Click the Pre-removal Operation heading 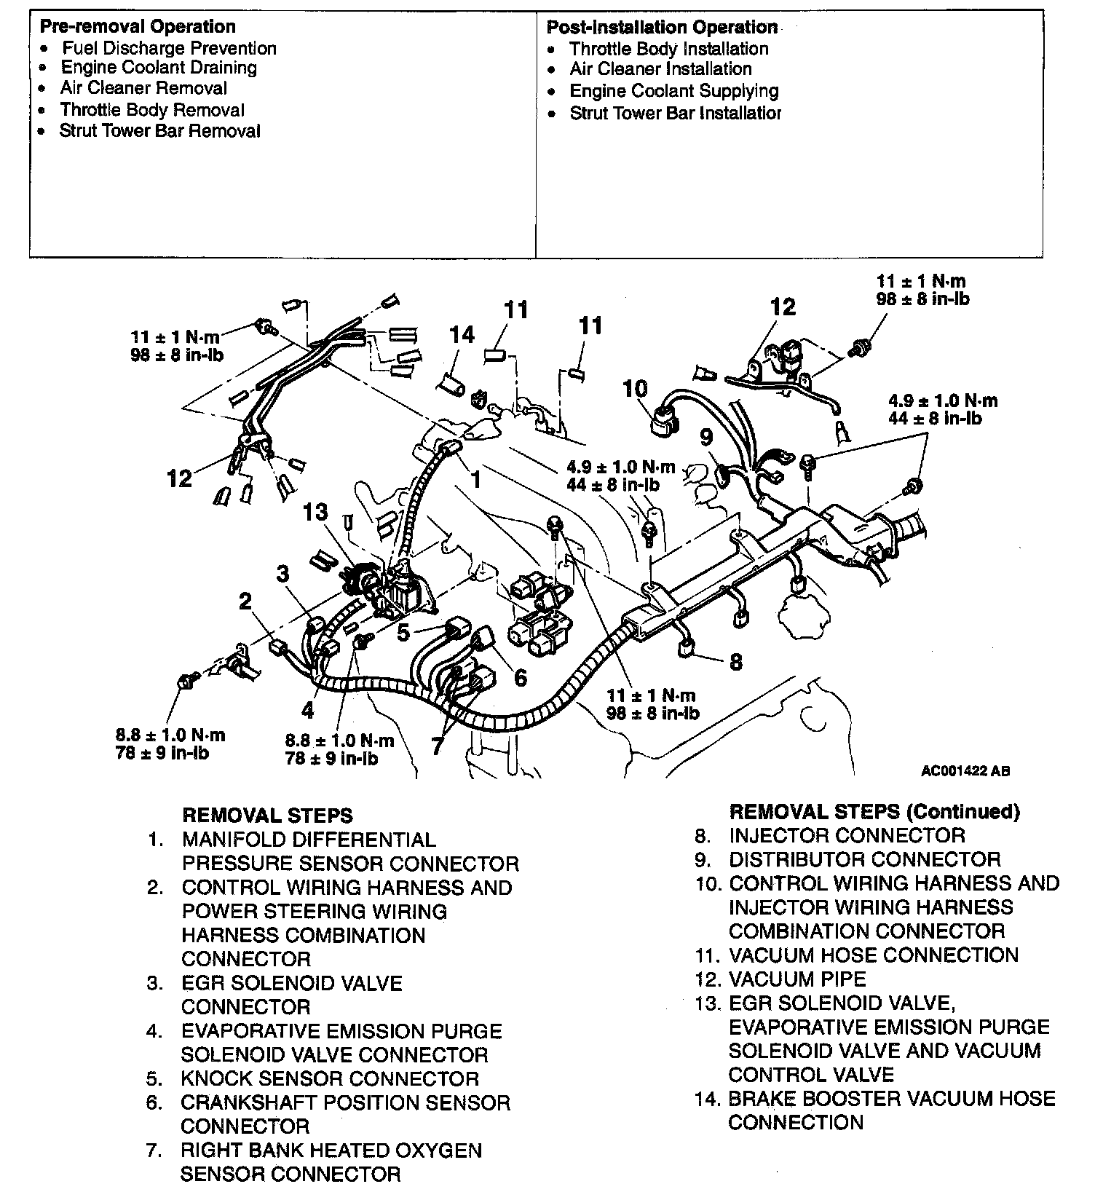pyautogui.click(x=137, y=27)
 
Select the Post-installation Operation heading pyautogui.click(x=662, y=28)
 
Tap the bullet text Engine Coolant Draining pyautogui.click(x=159, y=68)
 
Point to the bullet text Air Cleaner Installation pyautogui.click(x=660, y=69)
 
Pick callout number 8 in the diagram pyautogui.click(x=736, y=661)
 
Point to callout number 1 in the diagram pyautogui.click(x=476, y=479)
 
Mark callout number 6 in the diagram pyautogui.click(x=520, y=678)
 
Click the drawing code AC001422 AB pyautogui.click(x=965, y=771)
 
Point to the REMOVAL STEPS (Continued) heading pyautogui.click(x=874, y=812)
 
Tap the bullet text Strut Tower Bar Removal pyautogui.click(x=159, y=131)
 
